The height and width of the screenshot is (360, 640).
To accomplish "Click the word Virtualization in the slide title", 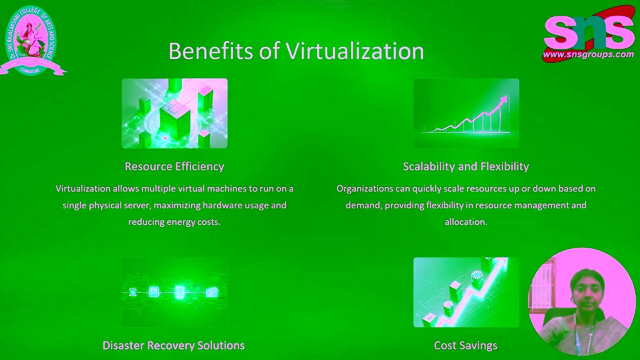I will pos(354,51).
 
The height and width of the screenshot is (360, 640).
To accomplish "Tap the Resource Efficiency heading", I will pos(174,166).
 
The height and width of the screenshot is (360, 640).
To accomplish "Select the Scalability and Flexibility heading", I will pos(465,166).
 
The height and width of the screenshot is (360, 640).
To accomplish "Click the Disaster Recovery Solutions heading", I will pos(173,345).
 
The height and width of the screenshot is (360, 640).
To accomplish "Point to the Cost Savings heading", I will pos(465,345).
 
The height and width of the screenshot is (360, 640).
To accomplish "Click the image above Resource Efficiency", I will pos(174,113).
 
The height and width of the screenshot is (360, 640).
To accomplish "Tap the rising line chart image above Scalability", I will pos(466,113).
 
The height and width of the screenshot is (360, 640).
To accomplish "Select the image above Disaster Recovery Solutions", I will pos(174,292).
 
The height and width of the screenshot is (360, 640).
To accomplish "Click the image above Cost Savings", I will pos(466,292).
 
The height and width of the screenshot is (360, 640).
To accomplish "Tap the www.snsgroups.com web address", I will pos(588,54).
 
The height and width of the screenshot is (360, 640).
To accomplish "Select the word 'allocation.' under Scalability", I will pos(465,222).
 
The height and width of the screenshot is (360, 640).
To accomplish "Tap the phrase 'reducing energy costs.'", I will pos(174,222).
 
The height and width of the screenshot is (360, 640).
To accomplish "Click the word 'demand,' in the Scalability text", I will pos(363,205).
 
